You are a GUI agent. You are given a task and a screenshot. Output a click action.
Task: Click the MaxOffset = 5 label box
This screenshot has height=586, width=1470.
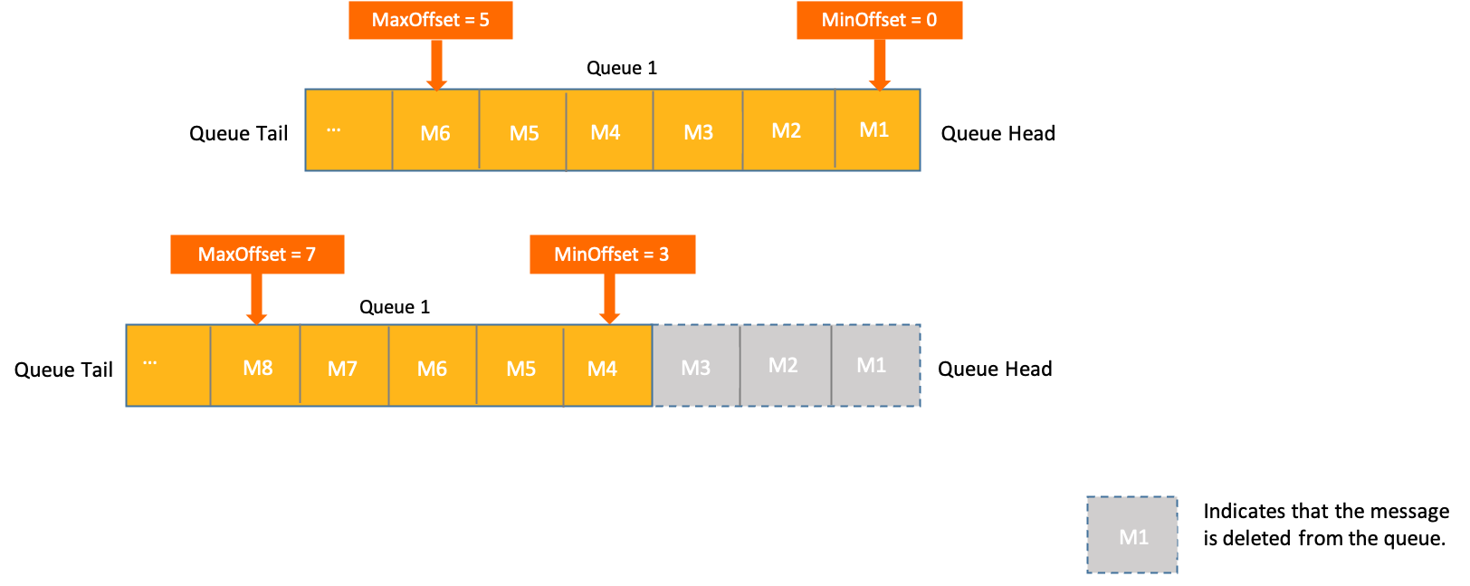[x=431, y=20]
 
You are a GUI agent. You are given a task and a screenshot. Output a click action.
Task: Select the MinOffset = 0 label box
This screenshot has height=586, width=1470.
[x=879, y=20]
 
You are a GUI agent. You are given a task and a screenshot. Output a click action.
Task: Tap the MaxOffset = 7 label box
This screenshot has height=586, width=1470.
[x=257, y=255]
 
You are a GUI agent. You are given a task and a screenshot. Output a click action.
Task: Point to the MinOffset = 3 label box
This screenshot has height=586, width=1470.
[x=612, y=255]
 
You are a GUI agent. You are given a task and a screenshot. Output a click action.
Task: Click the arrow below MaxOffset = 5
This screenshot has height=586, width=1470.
[x=436, y=64]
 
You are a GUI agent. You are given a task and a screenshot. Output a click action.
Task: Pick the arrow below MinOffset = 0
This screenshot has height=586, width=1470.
[x=879, y=64]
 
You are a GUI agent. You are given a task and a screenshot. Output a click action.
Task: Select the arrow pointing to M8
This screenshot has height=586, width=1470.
[x=256, y=299]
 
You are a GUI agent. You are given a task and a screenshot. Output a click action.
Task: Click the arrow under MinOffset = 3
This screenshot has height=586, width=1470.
[x=609, y=299]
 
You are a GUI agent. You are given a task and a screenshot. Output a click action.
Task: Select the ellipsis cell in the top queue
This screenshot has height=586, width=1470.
[x=348, y=130]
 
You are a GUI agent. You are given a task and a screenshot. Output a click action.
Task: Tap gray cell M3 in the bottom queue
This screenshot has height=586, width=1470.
[x=696, y=366]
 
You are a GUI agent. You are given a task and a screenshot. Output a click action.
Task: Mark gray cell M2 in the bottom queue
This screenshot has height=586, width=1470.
[x=785, y=366]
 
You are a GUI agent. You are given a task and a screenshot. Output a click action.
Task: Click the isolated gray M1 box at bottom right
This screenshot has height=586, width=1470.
[x=1132, y=535]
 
